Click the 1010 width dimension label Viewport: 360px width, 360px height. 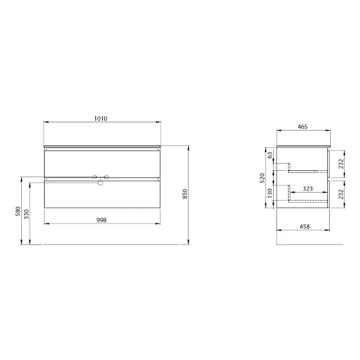(101, 118)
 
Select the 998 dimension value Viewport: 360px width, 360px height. (101, 220)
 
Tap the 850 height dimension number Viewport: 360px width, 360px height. (185, 194)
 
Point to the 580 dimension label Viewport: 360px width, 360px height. (18, 211)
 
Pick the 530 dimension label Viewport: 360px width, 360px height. (27, 214)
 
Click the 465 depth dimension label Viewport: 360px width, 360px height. (303, 127)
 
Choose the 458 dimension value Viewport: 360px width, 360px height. (305, 226)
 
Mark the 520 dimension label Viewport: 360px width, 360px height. (262, 178)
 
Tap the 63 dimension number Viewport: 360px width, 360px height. (270, 155)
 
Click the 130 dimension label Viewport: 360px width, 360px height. (270, 193)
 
